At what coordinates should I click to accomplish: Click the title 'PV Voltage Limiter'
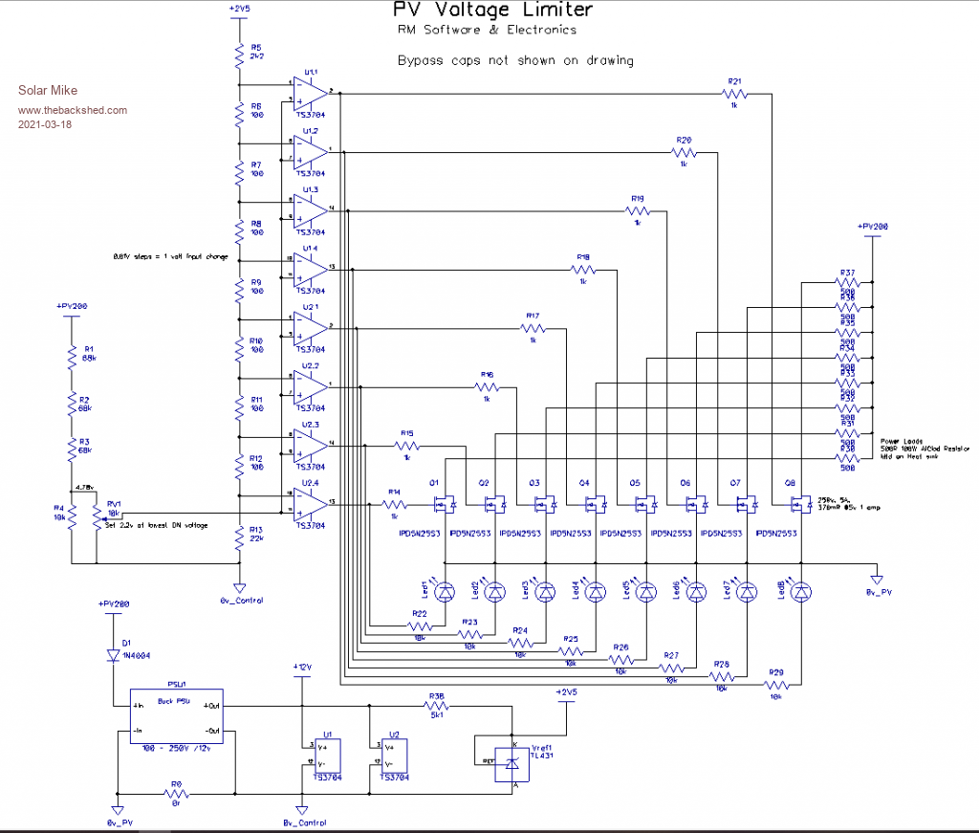tap(492, 11)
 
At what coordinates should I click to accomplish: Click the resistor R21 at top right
tap(734, 93)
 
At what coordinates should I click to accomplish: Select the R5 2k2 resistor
tap(240, 55)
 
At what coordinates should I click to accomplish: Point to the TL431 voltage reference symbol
tap(513, 762)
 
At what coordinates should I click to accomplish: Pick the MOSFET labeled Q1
tap(443, 501)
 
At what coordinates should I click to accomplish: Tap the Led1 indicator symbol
tap(445, 593)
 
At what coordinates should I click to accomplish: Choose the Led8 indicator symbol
tap(802, 593)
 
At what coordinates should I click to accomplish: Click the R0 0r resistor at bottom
tap(176, 794)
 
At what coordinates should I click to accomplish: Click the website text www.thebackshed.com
tap(73, 110)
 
